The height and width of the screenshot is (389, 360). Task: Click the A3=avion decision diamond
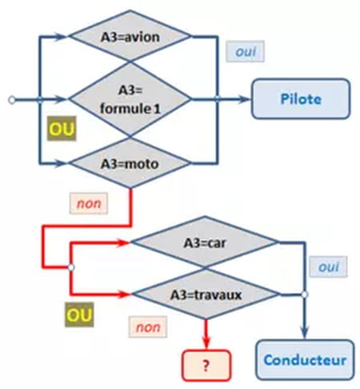(x=130, y=36)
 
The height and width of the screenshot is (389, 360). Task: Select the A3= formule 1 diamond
(x=130, y=99)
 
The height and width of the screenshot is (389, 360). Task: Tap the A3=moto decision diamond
(x=130, y=162)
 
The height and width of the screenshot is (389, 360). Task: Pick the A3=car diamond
(x=205, y=243)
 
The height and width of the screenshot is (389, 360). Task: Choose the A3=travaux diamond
(x=206, y=294)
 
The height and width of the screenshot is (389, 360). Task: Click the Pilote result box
(x=301, y=98)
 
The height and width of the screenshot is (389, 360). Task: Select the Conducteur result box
(x=305, y=359)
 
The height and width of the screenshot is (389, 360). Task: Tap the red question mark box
(x=206, y=365)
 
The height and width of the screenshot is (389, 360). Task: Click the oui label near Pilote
(x=246, y=51)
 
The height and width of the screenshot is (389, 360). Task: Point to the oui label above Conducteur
(x=328, y=267)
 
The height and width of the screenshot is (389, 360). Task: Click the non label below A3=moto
(x=89, y=203)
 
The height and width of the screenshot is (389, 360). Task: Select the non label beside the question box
(x=148, y=327)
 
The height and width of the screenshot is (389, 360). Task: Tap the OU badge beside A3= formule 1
(x=62, y=129)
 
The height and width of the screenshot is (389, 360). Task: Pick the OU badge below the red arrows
(x=79, y=315)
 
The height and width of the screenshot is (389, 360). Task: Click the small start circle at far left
(x=12, y=100)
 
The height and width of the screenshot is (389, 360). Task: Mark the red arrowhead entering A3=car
(x=124, y=243)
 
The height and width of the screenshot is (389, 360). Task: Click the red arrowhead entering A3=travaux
(x=125, y=294)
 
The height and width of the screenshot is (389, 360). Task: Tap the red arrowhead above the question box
(x=206, y=343)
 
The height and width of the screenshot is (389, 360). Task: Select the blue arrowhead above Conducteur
(x=305, y=332)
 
